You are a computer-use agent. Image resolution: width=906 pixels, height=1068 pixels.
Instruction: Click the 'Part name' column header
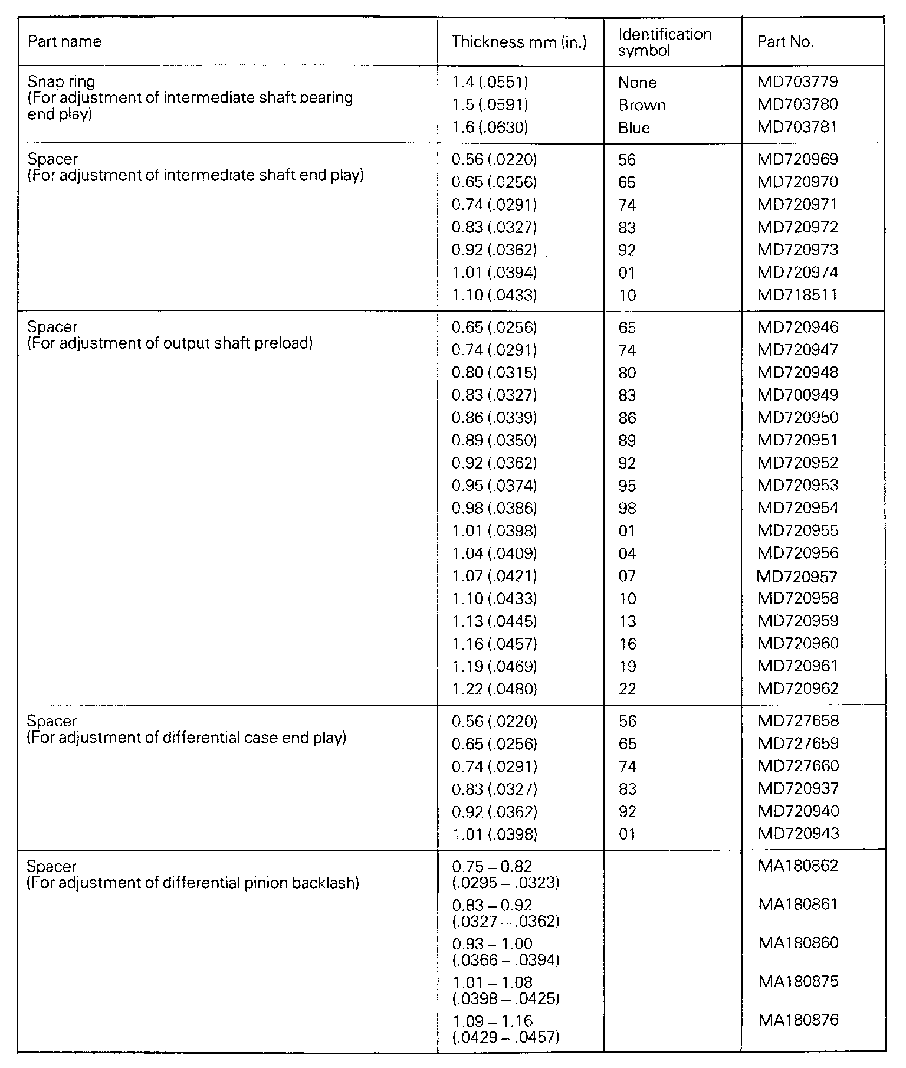[x=65, y=42]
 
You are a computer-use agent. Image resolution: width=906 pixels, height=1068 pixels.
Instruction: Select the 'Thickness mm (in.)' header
[x=519, y=42]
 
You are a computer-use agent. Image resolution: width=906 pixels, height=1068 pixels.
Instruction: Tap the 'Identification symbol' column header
[x=665, y=42]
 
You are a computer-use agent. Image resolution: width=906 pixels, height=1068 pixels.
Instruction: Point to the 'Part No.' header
[x=786, y=42]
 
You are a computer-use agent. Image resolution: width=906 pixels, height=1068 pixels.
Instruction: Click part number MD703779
[x=797, y=81]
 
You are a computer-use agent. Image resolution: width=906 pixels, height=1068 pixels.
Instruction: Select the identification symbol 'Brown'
[x=642, y=105]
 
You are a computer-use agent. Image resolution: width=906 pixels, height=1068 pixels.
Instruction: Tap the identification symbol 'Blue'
[x=634, y=128]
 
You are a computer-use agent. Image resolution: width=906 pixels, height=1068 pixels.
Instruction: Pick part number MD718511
[x=797, y=295]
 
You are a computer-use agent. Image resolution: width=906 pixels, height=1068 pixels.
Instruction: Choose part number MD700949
[x=797, y=395]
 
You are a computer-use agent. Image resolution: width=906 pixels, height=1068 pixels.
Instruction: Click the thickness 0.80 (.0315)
[x=494, y=373]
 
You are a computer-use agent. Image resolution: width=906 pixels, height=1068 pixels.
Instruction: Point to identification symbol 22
[x=628, y=689]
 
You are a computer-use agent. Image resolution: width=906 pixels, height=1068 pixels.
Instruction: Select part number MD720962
[x=797, y=689]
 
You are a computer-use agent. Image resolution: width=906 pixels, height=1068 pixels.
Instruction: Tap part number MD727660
[x=797, y=766]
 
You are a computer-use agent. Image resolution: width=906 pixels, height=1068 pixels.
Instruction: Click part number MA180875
[x=798, y=981]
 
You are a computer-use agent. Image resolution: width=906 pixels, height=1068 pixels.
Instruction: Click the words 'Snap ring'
[x=61, y=81]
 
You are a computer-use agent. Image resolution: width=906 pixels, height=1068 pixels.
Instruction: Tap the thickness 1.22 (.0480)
[x=494, y=689]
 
